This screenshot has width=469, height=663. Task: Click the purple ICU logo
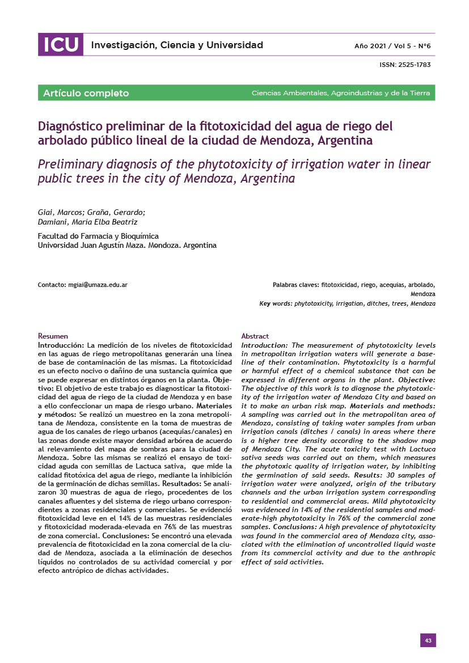tap(60, 45)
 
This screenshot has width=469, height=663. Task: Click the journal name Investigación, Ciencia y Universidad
tap(177, 45)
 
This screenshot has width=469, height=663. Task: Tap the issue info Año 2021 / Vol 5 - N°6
tap(392, 45)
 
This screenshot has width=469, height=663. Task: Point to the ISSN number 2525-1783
tap(415, 65)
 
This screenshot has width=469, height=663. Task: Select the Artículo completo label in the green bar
tap(86, 93)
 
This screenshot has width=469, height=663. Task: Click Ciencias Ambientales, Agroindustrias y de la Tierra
tap(340, 93)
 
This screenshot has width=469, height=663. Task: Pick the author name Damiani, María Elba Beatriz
tap(87, 222)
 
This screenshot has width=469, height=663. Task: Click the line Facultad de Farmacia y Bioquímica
tap(98, 236)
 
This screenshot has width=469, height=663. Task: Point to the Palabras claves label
tap(295, 285)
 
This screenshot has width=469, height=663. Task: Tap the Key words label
tap(276, 304)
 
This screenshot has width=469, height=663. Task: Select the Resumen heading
tap(53, 336)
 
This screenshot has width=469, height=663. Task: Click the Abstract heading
tap(255, 336)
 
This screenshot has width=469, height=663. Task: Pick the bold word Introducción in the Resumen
tap(61, 345)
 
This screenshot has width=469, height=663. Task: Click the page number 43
tap(428, 640)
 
